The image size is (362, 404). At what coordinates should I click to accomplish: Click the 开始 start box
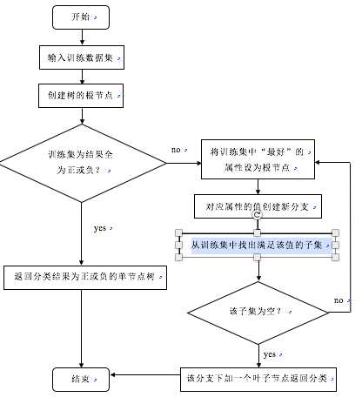coord(81,17)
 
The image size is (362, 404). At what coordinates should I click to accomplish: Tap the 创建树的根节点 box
coord(81,93)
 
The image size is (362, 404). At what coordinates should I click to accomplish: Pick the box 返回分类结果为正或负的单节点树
coord(84,278)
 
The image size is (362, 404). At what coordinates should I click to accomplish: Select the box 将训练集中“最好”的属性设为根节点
coord(258,159)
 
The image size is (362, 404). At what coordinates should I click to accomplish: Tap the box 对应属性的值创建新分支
coord(258,208)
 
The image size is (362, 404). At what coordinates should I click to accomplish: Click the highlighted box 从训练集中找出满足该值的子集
coord(258,245)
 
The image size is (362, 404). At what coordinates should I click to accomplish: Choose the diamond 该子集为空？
coord(258,311)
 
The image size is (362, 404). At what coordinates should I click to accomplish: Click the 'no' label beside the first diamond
coord(177,150)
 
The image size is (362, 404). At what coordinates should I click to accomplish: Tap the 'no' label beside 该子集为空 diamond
coord(339,300)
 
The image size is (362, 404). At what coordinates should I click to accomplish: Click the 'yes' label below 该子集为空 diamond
coord(270,353)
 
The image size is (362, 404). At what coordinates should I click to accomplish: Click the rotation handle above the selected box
coord(258,214)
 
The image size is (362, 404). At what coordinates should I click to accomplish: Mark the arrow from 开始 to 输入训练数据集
coord(81,37)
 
